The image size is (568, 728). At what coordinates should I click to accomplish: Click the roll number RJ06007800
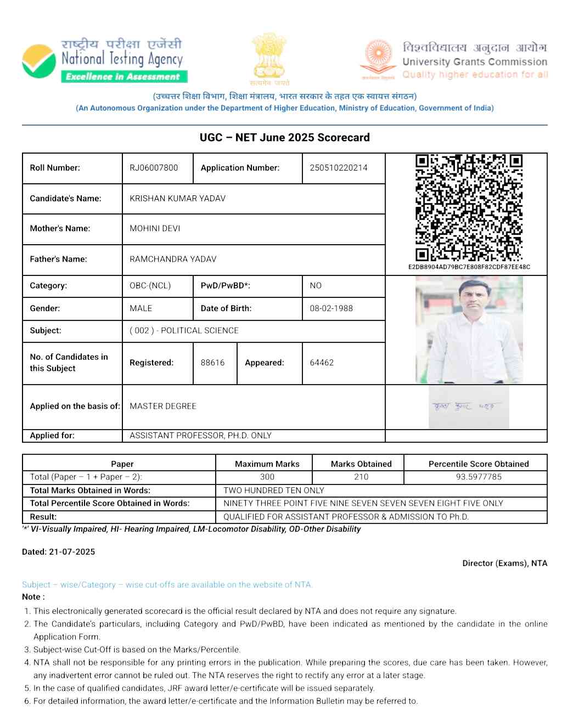(154, 168)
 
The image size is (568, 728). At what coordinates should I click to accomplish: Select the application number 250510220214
(339, 168)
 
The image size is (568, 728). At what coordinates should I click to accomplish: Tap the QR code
(469, 207)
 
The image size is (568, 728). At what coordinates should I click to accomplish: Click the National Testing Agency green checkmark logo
(39, 61)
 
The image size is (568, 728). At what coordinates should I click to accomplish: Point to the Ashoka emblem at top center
(269, 57)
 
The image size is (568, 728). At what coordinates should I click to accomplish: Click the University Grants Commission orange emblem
(378, 57)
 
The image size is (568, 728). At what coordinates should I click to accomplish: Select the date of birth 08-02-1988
(331, 308)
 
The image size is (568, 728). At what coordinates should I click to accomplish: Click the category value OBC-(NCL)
(150, 286)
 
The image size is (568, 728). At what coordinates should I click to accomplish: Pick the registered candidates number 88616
(213, 363)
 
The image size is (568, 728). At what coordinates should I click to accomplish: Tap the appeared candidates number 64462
(322, 363)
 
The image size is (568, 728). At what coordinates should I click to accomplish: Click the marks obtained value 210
(361, 477)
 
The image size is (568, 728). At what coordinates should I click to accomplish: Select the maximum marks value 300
(267, 477)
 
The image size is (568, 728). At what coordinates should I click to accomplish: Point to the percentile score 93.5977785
(479, 477)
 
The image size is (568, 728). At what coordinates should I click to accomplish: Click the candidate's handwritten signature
(464, 407)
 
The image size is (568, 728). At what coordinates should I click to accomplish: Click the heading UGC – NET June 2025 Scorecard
(284, 138)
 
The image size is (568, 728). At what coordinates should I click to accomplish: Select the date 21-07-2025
(72, 552)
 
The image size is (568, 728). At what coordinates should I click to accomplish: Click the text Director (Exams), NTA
(504, 563)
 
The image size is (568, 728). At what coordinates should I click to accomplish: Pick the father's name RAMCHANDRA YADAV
(173, 259)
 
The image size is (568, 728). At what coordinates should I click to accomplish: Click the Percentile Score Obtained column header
(479, 464)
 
